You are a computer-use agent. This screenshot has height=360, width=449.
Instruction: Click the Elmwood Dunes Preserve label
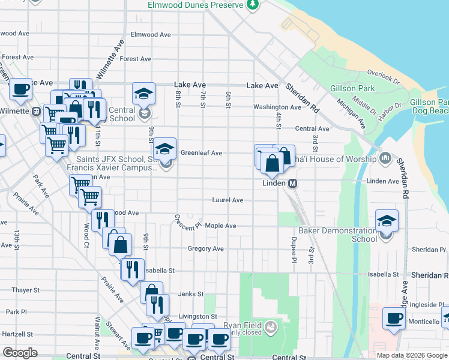[196, 5]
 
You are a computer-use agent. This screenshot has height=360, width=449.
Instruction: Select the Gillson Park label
[352, 89]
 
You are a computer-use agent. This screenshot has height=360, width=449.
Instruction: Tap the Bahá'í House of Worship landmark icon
[385, 159]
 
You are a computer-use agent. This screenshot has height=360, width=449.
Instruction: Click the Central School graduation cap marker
[144, 94]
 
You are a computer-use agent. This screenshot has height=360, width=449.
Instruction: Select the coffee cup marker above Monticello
[394, 318]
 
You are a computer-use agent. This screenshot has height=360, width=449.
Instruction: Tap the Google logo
[20, 353]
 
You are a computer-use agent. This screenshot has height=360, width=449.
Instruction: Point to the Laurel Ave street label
[228, 200]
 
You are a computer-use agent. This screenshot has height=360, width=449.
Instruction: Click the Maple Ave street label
[220, 226]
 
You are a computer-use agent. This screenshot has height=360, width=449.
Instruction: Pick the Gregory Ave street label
[205, 248]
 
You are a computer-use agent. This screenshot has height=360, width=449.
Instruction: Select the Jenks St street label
[191, 294]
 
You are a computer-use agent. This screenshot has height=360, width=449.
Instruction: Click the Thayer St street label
[25, 290]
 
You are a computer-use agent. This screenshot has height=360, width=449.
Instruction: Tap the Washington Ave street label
[277, 107]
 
